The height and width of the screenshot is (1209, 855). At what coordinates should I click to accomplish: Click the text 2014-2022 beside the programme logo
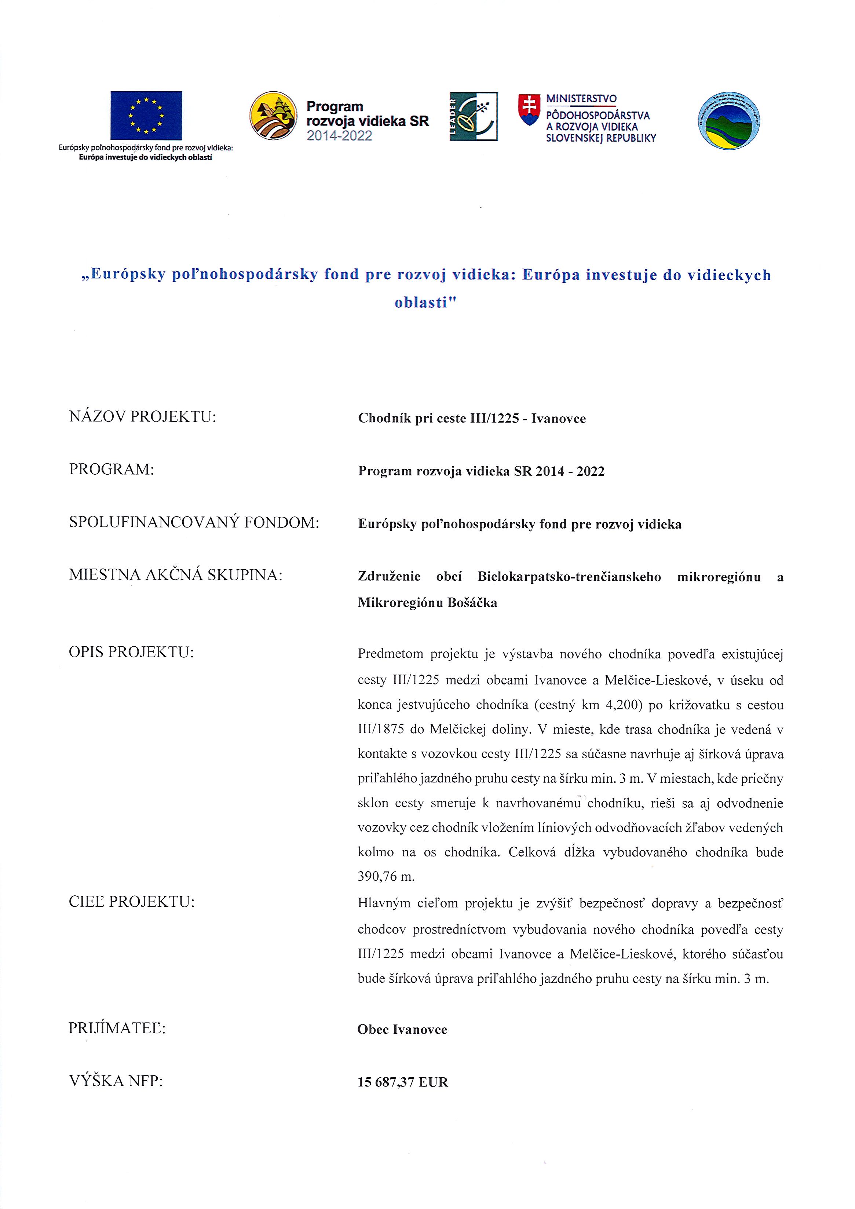[x=340, y=136]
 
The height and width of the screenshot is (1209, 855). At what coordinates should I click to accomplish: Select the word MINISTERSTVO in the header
[x=581, y=98]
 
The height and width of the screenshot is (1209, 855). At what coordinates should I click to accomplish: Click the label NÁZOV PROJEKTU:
[x=143, y=417]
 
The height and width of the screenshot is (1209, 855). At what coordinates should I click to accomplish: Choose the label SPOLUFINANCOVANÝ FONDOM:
[x=194, y=523]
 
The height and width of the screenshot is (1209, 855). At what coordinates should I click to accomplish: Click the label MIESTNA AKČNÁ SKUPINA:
[x=176, y=575]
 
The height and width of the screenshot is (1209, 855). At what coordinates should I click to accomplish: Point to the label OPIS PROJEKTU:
[x=132, y=653]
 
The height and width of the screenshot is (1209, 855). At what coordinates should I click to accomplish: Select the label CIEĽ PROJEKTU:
[x=132, y=902]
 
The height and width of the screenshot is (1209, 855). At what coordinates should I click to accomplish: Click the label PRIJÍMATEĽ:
[x=117, y=1029]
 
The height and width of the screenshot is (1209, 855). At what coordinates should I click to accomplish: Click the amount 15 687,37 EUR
[x=403, y=1082]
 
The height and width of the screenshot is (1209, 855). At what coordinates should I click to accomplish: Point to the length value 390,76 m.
[x=387, y=877]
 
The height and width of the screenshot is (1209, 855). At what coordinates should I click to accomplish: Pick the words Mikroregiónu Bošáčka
[x=428, y=602]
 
